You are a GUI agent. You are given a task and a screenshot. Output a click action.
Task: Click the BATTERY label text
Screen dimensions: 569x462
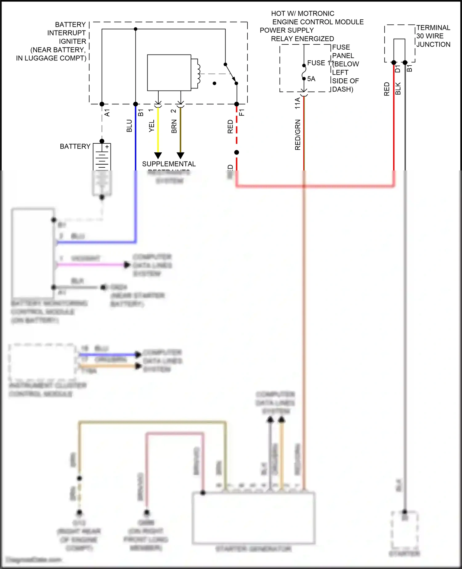[75, 146]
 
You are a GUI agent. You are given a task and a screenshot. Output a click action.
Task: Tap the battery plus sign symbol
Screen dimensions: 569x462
[107, 147]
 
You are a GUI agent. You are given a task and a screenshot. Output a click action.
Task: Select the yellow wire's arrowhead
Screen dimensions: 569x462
[158, 155]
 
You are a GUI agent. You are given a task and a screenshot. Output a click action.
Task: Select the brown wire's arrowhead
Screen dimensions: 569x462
[180, 155]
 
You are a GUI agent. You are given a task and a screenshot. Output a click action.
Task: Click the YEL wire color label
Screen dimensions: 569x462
[152, 126]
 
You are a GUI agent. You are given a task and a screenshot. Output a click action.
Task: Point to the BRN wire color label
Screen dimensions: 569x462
[174, 126]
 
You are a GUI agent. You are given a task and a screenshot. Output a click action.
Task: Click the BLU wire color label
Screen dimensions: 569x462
[129, 126]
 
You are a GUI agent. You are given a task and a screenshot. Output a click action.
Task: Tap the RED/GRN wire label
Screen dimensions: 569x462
[298, 135]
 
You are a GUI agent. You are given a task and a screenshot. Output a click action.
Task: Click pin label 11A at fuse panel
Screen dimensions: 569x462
[297, 103]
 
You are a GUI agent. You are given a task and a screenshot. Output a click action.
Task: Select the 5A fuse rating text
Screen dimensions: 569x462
[311, 79]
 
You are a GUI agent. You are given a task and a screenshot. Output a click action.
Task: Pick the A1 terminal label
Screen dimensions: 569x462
[107, 113]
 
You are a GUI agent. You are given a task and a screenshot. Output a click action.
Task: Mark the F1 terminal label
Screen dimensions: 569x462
[242, 112]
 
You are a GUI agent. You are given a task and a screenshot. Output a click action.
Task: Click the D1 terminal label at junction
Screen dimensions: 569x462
[398, 69]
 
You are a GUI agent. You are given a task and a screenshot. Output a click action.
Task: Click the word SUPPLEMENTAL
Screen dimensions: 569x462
[169, 164]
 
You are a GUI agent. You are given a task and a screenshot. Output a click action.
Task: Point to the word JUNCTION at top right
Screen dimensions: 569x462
[433, 44]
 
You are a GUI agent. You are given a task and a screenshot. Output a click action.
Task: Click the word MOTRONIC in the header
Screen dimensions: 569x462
[316, 14]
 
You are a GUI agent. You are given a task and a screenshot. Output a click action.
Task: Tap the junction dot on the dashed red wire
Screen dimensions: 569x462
[237, 152]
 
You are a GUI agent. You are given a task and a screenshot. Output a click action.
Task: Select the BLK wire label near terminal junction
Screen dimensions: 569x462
[398, 88]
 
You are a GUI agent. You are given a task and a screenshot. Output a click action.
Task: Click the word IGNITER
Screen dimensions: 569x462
[72, 41]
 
